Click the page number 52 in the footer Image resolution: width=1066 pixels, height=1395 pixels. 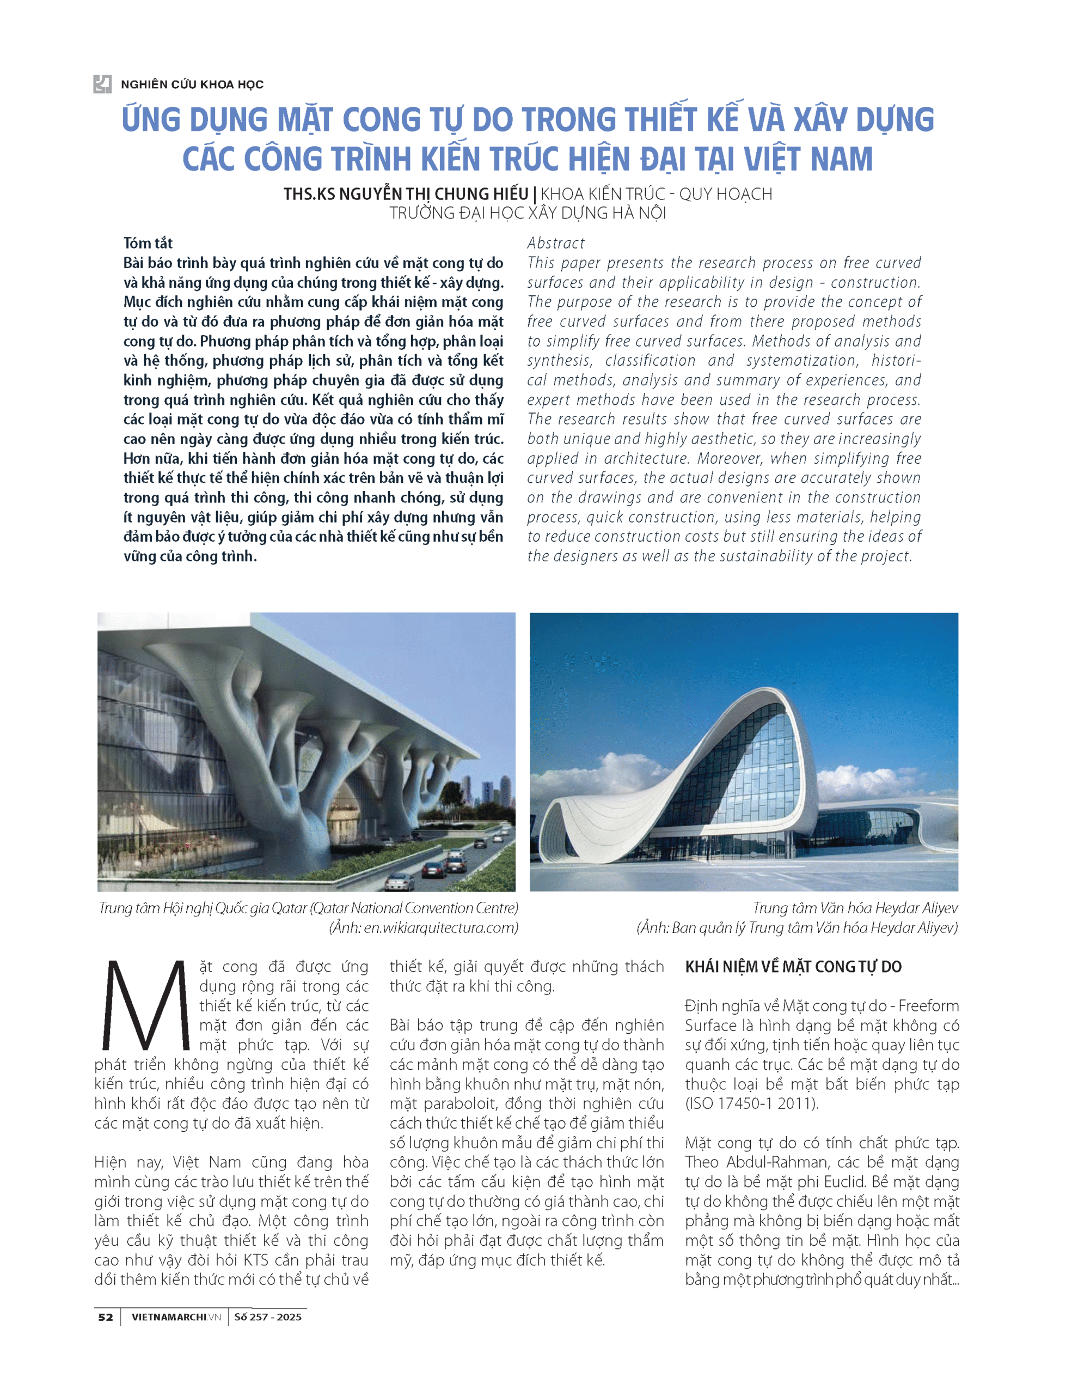(x=105, y=1317)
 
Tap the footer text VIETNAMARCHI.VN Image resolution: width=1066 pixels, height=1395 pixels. (x=176, y=1317)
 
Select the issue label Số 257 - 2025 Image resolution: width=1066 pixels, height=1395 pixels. (x=267, y=1317)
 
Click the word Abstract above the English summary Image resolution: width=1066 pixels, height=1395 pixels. (x=555, y=243)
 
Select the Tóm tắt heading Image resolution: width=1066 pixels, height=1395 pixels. (x=148, y=243)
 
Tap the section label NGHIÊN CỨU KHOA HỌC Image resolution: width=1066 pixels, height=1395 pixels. (x=192, y=84)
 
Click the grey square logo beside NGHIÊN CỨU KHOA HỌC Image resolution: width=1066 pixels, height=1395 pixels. (x=102, y=84)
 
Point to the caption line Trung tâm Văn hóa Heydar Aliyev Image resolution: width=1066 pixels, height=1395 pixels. (x=855, y=908)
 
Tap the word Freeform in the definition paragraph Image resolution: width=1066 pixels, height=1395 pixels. (x=928, y=1006)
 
